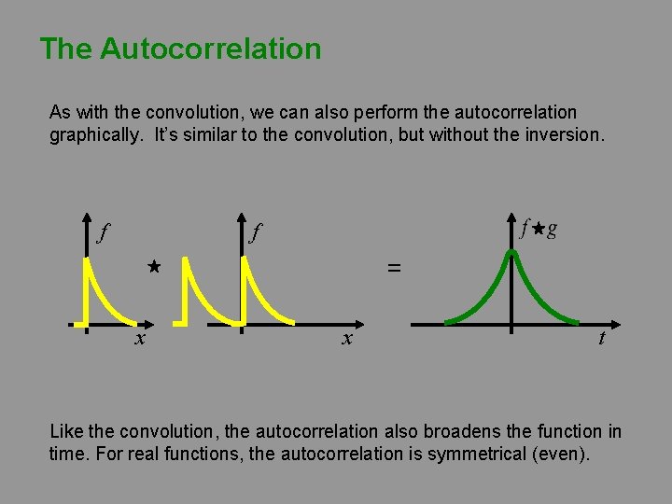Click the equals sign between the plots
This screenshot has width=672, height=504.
coord(393,268)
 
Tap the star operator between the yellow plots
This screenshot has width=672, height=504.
coord(154,267)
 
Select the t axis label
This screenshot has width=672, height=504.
coord(601,339)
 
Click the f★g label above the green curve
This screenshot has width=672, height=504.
coord(540,229)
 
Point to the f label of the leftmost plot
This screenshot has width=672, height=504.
coord(102,231)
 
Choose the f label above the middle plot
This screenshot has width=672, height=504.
coord(255,231)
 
